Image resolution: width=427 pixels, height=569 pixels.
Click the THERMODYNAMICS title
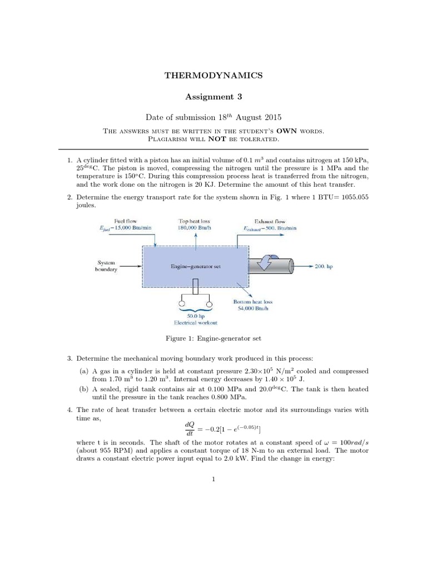point(213,74)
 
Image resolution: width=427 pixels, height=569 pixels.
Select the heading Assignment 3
point(213,96)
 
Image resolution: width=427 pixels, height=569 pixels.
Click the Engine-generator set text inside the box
point(196,266)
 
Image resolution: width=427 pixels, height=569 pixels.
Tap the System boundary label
point(106,266)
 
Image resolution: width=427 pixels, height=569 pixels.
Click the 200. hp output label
point(324,267)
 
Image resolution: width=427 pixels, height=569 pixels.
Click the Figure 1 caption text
point(213,338)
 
